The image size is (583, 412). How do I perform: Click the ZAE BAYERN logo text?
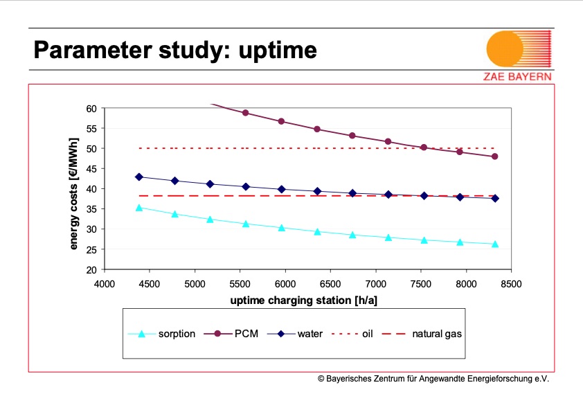[517, 76]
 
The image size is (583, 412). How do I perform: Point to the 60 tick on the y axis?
[91, 108]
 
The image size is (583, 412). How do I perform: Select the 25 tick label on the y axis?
[91, 249]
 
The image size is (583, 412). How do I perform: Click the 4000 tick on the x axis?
[105, 283]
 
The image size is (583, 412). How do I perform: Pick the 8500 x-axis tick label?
[511, 283]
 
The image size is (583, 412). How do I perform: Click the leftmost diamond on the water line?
[138, 177]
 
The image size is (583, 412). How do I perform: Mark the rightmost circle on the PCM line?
[494, 156]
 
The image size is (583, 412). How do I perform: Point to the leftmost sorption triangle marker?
[138, 207]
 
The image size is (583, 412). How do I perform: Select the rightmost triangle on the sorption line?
[494, 244]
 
